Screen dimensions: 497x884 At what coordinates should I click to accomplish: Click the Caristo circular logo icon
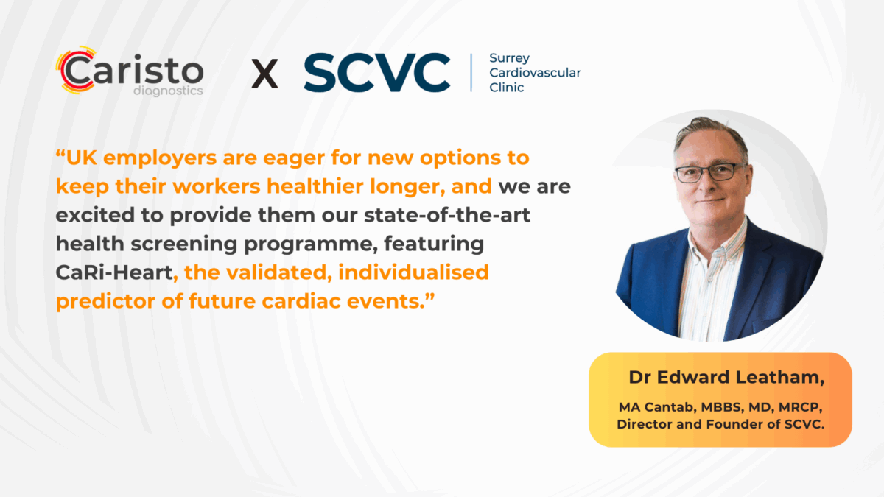pos(74,72)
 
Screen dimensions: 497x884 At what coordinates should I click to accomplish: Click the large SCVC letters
pos(376,73)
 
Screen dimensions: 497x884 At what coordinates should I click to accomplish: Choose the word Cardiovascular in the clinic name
pos(535,73)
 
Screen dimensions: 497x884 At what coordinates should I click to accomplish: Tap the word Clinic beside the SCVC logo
pos(507,88)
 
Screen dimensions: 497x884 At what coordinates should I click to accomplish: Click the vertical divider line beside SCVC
pos(471,72)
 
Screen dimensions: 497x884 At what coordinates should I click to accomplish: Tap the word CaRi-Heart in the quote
pos(114,272)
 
